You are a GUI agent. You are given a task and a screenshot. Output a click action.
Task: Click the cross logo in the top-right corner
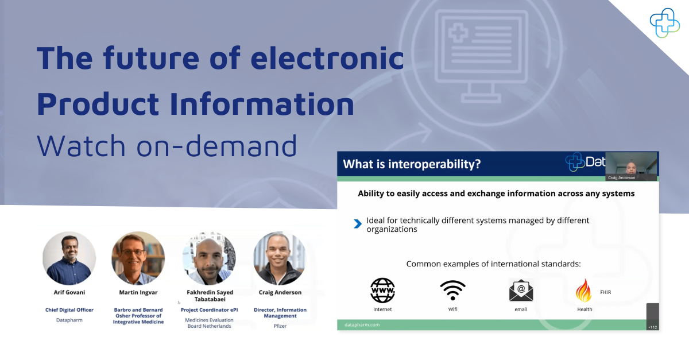pyautogui.click(x=664, y=23)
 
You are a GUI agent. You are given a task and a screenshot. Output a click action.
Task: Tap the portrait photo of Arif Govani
pyautogui.click(x=69, y=258)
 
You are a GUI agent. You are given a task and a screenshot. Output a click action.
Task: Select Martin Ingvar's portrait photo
pyautogui.click(x=138, y=258)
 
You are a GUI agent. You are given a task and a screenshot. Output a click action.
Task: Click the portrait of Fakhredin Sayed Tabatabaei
pyautogui.click(x=209, y=258)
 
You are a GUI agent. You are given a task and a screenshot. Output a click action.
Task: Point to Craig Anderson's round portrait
pyautogui.click(x=280, y=258)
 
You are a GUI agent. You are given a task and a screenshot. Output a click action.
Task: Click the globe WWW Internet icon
pyautogui.click(x=382, y=290)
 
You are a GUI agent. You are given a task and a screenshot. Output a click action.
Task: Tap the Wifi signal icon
pyautogui.click(x=453, y=290)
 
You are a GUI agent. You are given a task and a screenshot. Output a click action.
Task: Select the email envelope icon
pyautogui.click(x=521, y=290)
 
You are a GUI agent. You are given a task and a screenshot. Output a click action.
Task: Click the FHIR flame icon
pyautogui.click(x=583, y=290)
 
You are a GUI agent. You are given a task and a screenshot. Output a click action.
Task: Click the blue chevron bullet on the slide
pyautogui.click(x=358, y=224)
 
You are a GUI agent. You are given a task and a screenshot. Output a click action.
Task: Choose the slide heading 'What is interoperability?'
pyautogui.click(x=412, y=164)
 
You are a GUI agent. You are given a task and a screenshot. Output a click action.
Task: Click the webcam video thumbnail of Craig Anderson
pyautogui.click(x=631, y=166)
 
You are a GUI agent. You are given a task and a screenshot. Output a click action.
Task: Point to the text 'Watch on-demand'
pyautogui.click(x=167, y=146)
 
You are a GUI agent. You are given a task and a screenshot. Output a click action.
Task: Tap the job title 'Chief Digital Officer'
pyautogui.click(x=69, y=310)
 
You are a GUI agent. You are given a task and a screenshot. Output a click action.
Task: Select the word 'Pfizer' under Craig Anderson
pyautogui.click(x=280, y=326)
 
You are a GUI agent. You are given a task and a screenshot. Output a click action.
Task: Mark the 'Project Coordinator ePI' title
pyautogui.click(x=209, y=310)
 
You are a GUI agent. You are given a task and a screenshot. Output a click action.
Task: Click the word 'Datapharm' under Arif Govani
pyautogui.click(x=69, y=320)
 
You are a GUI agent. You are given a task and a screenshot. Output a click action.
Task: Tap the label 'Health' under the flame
pyautogui.click(x=585, y=309)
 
